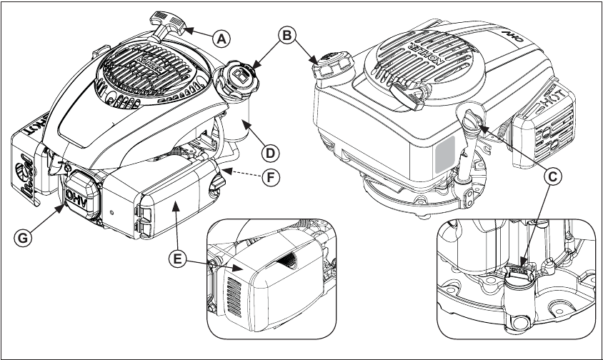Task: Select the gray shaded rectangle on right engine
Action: coord(444,153)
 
